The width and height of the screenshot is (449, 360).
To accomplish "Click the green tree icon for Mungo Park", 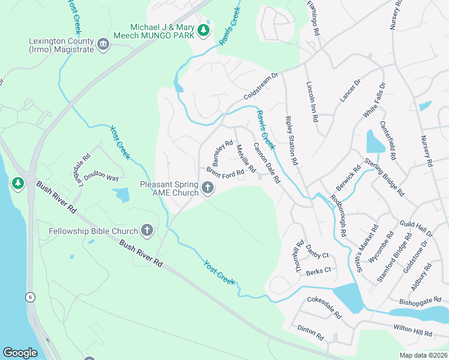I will [204, 30].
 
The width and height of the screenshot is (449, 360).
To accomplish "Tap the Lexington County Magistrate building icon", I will [103, 44].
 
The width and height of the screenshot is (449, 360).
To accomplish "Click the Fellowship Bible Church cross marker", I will [146, 230].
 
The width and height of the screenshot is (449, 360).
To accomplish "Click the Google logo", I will [20, 353].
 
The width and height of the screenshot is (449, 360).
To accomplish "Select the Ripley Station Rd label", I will [291, 141].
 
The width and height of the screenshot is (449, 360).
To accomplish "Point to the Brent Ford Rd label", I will [225, 172].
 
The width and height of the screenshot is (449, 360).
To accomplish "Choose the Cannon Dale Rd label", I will [267, 163].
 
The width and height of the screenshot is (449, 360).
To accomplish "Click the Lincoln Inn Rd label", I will [311, 101].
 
